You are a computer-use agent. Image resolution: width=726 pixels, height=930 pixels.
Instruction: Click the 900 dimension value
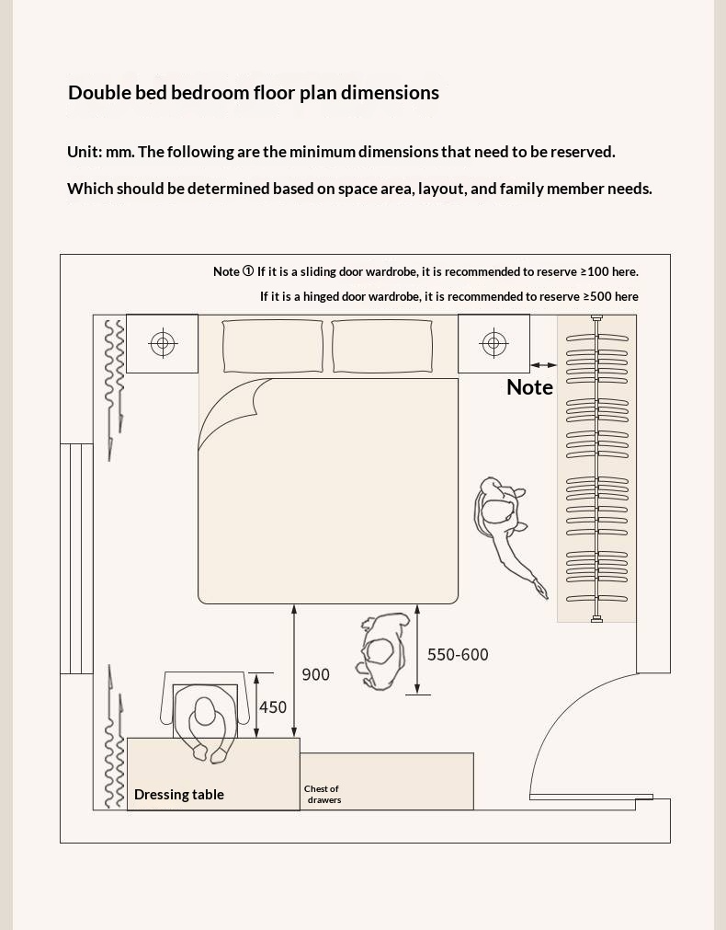tap(315, 674)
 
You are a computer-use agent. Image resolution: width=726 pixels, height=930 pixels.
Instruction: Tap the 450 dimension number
tap(273, 706)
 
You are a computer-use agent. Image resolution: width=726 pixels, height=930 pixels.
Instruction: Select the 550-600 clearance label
tap(458, 654)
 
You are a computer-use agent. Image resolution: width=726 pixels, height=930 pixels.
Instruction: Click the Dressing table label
tap(179, 794)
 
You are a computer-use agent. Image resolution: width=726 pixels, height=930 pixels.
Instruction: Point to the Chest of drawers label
tap(323, 794)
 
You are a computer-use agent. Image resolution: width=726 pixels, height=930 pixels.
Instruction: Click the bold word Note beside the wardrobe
tap(529, 387)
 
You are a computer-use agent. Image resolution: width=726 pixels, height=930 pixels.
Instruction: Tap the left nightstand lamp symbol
tap(163, 344)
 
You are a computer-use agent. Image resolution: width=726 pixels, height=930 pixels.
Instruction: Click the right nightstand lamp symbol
tap(493, 344)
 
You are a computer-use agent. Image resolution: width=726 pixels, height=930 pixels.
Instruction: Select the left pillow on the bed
tap(273, 346)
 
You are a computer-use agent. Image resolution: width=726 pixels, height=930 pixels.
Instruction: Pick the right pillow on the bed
tap(381, 346)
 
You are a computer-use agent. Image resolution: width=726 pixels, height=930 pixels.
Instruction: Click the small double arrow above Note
tap(543, 365)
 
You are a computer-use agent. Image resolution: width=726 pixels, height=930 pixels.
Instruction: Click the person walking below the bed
tap(382, 650)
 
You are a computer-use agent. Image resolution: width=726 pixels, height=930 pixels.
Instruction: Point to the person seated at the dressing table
tap(204, 722)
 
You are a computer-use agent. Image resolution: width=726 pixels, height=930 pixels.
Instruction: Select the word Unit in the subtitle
tap(83, 152)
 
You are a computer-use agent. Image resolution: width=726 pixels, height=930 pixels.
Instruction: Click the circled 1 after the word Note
tap(248, 271)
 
